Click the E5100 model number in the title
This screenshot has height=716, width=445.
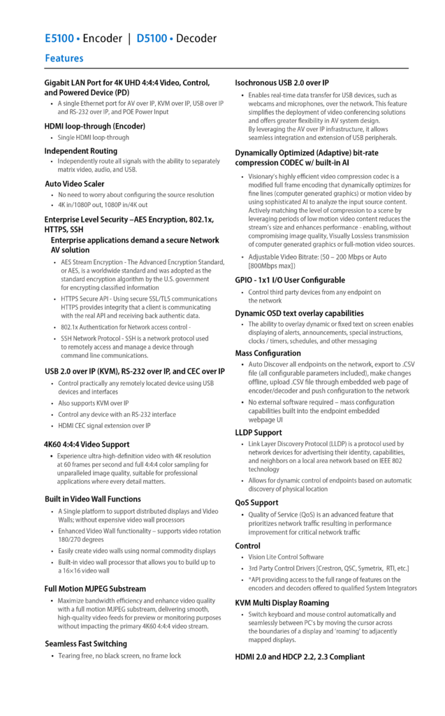59,38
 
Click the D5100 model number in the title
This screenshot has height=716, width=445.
152,38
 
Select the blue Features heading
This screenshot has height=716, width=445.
64,59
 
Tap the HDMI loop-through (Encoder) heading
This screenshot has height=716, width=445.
94,127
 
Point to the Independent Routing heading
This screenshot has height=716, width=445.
80,150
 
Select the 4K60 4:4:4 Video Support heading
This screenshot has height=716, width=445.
87,444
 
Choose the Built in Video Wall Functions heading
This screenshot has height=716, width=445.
92,499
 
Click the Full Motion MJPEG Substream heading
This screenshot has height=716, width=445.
95,589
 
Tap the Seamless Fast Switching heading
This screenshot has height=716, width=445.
85,643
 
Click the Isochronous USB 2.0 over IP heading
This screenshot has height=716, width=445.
282,83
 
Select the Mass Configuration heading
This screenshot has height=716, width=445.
268,353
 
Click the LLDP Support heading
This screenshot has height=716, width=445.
258,433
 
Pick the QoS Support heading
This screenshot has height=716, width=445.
256,502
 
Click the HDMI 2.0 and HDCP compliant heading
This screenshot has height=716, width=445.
300,657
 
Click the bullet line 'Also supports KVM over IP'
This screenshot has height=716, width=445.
93,403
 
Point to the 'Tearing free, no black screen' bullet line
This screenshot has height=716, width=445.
119,656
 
